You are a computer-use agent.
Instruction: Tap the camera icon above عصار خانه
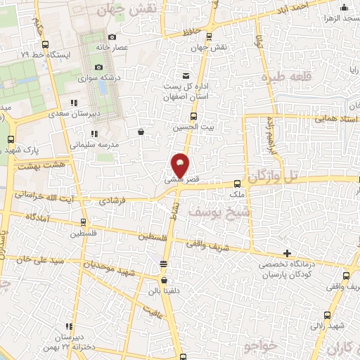[112, 37]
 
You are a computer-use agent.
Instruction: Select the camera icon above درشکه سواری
[99, 66]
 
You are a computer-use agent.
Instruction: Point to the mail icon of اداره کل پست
[186, 75]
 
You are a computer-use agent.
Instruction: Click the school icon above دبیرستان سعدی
[74, 103]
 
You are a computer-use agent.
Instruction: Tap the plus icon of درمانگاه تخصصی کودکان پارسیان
[287, 253]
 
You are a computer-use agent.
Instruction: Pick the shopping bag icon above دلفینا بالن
[164, 264]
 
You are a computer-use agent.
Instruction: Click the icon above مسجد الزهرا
[343, 8]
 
